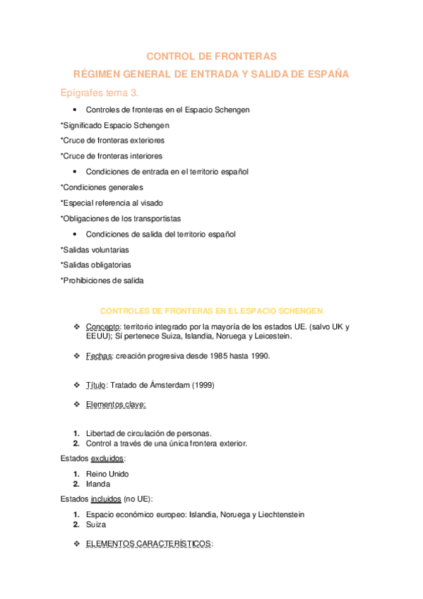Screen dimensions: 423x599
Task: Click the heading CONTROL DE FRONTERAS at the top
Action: (211, 56)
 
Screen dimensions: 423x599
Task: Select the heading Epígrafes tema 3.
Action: (100, 93)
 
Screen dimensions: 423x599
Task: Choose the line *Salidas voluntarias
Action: (95, 249)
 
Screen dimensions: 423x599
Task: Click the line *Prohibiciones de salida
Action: (102, 280)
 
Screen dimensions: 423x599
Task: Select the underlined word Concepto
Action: (103, 327)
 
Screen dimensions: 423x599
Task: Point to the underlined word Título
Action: (96, 385)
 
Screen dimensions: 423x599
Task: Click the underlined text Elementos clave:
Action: (116, 405)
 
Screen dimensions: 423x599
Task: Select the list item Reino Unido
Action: (107, 474)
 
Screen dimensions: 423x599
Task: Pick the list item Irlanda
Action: (98, 484)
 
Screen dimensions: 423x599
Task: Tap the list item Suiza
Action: (96, 525)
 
